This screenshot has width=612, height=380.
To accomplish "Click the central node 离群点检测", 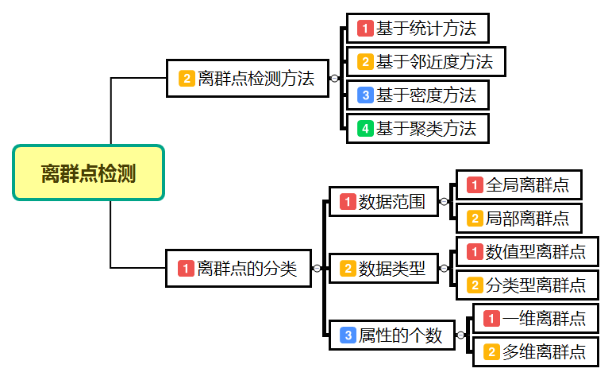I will click(88, 173).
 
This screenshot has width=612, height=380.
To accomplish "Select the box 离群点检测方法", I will click(247, 78).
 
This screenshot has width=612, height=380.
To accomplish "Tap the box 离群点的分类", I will click(238, 269).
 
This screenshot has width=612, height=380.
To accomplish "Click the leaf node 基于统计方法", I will click(418, 29).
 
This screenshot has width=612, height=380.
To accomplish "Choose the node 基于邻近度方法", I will click(425, 61).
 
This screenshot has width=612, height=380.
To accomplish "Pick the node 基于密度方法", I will click(418, 95).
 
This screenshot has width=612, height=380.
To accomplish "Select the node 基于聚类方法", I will click(418, 127).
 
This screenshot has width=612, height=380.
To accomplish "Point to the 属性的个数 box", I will click(391, 335).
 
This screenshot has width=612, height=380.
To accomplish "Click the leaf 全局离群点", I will click(518, 185).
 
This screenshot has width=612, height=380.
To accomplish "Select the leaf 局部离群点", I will click(518, 218).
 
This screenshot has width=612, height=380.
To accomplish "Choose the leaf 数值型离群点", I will click(527, 252).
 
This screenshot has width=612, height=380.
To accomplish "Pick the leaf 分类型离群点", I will click(527, 285).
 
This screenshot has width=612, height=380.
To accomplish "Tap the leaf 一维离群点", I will click(536, 319).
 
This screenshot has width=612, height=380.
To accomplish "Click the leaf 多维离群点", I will click(536, 351).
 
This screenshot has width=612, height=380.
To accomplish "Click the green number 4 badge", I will click(365, 128).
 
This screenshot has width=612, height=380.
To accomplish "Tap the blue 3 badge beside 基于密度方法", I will click(365, 95).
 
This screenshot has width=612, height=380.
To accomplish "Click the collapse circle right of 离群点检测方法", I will click(334, 78).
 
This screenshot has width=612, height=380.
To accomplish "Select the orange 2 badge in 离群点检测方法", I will click(187, 79).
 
